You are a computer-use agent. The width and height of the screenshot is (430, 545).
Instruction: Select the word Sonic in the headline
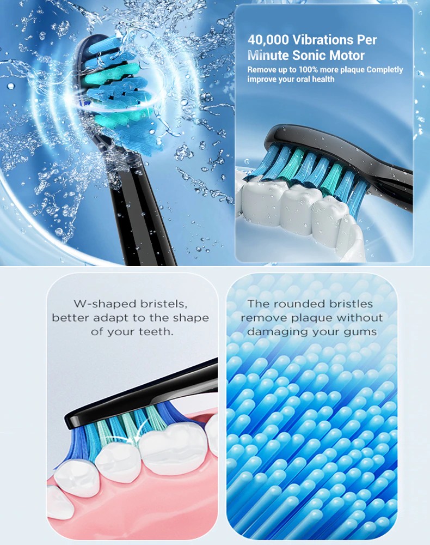click(x=309, y=55)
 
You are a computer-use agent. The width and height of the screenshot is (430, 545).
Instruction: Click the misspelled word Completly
click(x=384, y=70)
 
